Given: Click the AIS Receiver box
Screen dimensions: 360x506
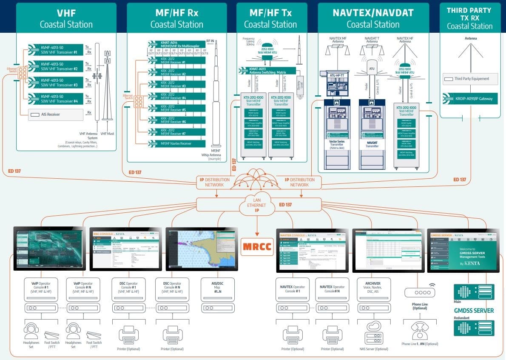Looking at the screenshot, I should [56, 114].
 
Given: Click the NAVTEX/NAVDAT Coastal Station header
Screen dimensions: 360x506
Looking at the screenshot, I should [373, 18].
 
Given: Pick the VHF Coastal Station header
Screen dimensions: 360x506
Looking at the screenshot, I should [66, 18].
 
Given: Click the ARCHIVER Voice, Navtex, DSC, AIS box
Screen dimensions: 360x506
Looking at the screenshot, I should [372, 289].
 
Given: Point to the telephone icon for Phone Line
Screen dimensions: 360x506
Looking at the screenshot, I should [419, 329].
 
